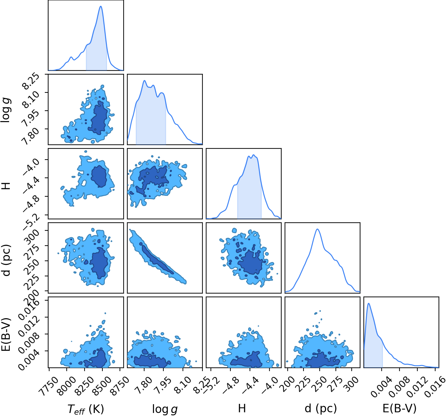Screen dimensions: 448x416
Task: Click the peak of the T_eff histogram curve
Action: [x=101, y=6]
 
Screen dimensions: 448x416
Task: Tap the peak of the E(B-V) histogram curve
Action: [x=369, y=303]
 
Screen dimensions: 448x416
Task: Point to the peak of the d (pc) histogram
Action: [x=317, y=229]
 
